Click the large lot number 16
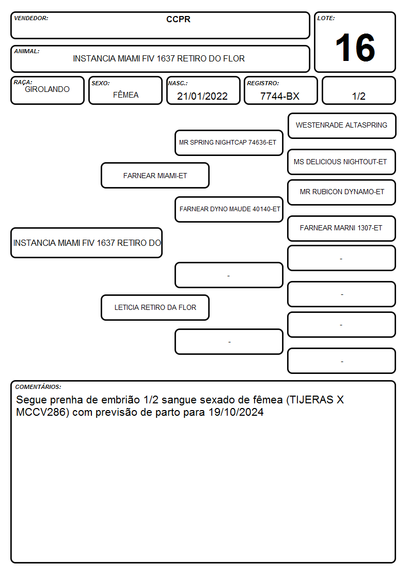pos(355,48)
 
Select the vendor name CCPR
pos(178,19)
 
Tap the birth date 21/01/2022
pos(202,96)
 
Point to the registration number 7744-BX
pos(279,96)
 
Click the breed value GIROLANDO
pos(47,89)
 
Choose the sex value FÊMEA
pos(125,95)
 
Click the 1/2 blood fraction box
pos(358,90)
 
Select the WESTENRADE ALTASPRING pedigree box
pos(342,126)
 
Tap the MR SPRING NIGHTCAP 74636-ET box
pos(229,143)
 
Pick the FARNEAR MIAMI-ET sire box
pos(155,175)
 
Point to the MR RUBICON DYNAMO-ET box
pos(342,192)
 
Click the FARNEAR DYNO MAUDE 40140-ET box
pos(229,209)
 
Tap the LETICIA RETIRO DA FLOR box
pos(155,307)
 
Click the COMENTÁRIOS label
pos(38,387)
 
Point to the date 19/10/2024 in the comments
pos(236,412)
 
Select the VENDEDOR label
pos(31,18)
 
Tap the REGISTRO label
pos(263,83)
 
